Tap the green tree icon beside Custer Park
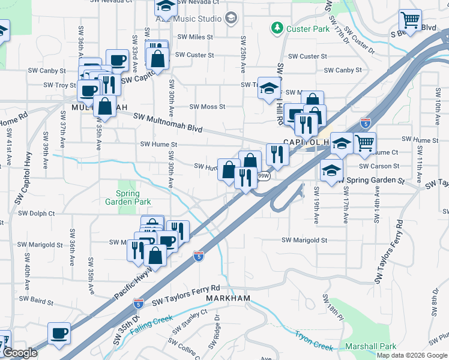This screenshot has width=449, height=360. click(x=277, y=28)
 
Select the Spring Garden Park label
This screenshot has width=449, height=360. click(x=127, y=198)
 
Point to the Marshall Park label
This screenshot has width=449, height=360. click(x=370, y=346)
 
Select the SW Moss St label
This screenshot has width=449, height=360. click(x=207, y=107)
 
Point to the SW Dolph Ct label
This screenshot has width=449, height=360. click(x=37, y=213)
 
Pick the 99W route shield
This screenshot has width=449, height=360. click(x=263, y=176)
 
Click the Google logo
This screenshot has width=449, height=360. click(x=19, y=353)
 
